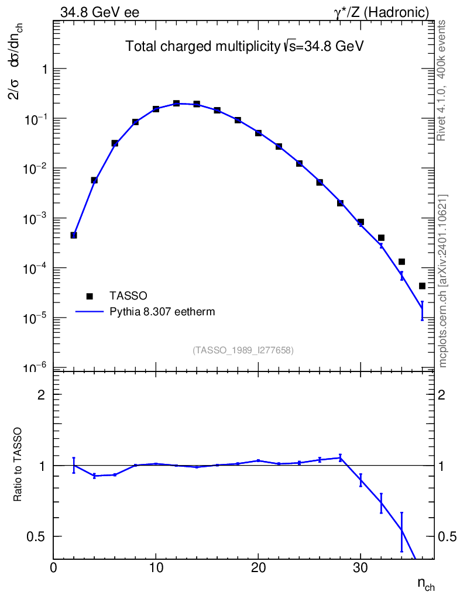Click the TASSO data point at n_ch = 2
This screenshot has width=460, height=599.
point(74,235)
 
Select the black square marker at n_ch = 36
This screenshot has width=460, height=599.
point(422,286)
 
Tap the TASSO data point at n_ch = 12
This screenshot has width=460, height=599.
point(176,104)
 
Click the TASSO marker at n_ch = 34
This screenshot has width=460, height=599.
point(401,261)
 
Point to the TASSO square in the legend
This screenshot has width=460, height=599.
point(89,295)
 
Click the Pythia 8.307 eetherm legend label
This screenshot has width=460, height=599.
point(162,312)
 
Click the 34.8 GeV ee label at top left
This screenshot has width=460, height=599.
point(99,12)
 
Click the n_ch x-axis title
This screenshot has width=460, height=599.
point(425,584)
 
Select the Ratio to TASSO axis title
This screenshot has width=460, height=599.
point(18,465)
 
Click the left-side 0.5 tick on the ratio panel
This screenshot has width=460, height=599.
point(37,536)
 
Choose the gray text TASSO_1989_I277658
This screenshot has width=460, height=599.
point(243,350)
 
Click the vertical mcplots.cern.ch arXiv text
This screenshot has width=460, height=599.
point(444,281)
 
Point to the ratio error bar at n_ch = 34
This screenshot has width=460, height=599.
point(401,531)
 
